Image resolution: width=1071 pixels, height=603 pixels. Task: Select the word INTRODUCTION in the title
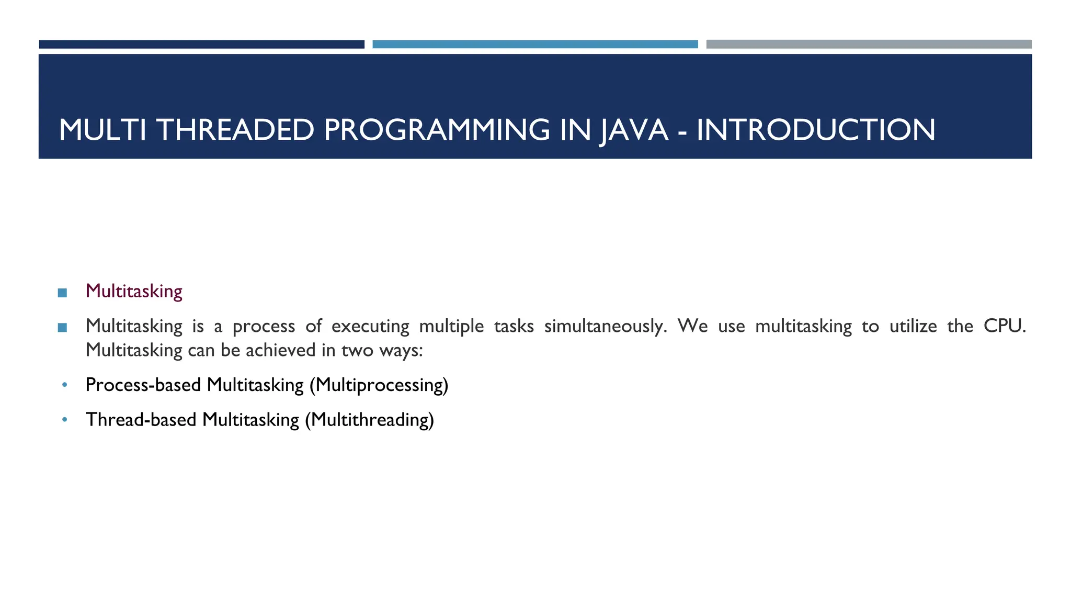click(816, 130)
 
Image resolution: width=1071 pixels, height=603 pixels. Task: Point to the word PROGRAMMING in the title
click(437, 130)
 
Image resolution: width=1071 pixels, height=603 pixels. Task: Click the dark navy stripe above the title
click(201, 44)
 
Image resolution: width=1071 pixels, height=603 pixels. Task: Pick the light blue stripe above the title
click(535, 44)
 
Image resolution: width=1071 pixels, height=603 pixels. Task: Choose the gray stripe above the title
click(869, 44)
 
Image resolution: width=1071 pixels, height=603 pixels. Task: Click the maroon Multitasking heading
click(134, 292)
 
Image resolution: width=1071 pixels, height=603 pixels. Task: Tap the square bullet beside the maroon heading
click(62, 293)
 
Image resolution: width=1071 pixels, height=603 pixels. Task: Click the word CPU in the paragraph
click(1004, 326)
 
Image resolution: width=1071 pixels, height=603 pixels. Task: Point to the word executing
click(370, 327)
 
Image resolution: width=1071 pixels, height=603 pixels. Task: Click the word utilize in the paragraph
click(913, 326)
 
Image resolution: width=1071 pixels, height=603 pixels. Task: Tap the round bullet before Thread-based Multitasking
click(64, 420)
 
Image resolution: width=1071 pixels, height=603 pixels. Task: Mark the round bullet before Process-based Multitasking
click(64, 385)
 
